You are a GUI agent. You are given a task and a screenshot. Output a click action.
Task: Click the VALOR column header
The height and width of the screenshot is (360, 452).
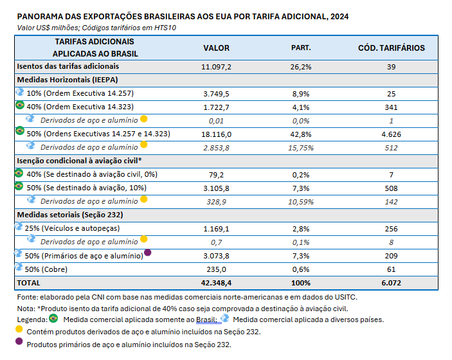[216, 48]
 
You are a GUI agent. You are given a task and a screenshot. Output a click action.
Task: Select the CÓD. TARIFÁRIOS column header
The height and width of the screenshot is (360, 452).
[391, 48]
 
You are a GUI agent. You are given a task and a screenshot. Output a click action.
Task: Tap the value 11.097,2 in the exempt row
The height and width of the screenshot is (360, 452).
[216, 66]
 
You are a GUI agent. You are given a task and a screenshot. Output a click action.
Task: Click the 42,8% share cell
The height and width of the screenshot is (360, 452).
[302, 134]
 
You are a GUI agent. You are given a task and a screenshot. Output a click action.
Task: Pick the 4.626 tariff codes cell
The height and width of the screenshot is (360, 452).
[391, 134]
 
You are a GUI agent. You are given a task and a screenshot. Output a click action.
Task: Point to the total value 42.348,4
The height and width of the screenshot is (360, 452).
[216, 282]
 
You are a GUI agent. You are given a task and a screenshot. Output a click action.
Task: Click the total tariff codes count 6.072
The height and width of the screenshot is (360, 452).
[391, 282]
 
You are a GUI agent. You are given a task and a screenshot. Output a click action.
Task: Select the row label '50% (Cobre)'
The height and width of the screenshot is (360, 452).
[48, 269]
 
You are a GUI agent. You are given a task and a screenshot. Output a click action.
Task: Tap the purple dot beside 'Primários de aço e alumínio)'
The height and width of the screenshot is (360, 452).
[148, 253]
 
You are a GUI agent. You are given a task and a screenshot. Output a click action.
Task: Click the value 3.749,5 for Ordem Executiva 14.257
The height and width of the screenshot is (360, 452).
[216, 93]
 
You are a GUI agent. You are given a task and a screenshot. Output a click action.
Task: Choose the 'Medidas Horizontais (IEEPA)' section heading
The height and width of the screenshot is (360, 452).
[61, 80]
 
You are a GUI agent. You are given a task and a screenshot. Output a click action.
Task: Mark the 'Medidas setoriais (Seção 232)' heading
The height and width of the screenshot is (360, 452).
[61, 215]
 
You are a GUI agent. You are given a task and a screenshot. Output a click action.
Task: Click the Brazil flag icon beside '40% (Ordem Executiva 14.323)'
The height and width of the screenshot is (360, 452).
[19, 106]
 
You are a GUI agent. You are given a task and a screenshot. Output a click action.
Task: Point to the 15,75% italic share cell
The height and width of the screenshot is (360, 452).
[302, 147]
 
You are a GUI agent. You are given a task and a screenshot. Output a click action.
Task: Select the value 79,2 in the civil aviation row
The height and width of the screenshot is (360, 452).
[216, 174]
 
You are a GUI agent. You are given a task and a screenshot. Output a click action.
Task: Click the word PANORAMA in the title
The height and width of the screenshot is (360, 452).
[41, 16]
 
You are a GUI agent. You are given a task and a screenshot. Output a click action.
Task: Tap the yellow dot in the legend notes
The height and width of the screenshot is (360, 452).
[19, 330]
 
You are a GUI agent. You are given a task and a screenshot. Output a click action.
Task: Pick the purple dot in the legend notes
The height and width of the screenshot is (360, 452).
[19, 343]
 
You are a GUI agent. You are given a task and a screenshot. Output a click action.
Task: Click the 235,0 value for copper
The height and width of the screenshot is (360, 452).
[216, 269]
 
